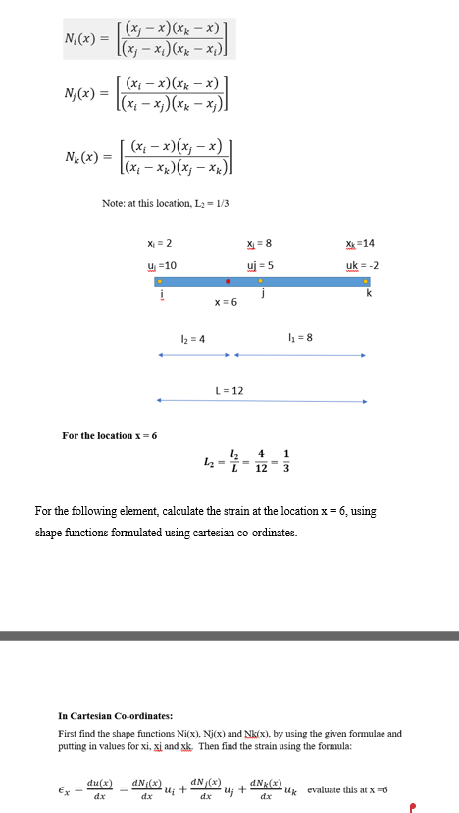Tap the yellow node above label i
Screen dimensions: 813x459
click(x=160, y=281)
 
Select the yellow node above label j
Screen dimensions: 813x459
click(x=260, y=281)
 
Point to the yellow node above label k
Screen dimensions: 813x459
click(x=366, y=281)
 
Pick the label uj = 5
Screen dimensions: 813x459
click(x=259, y=265)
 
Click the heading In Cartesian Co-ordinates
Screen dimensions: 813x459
click(x=116, y=714)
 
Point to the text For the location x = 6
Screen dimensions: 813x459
click(x=110, y=434)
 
